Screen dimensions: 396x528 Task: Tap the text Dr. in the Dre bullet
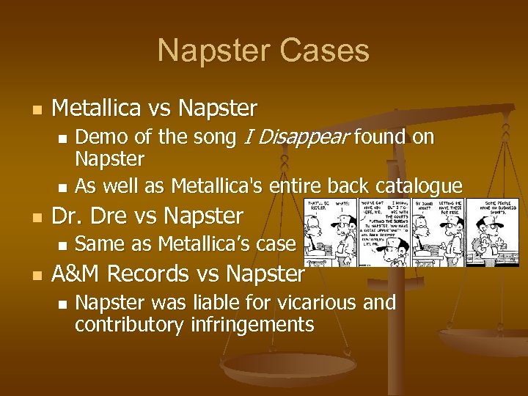point(65,216)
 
